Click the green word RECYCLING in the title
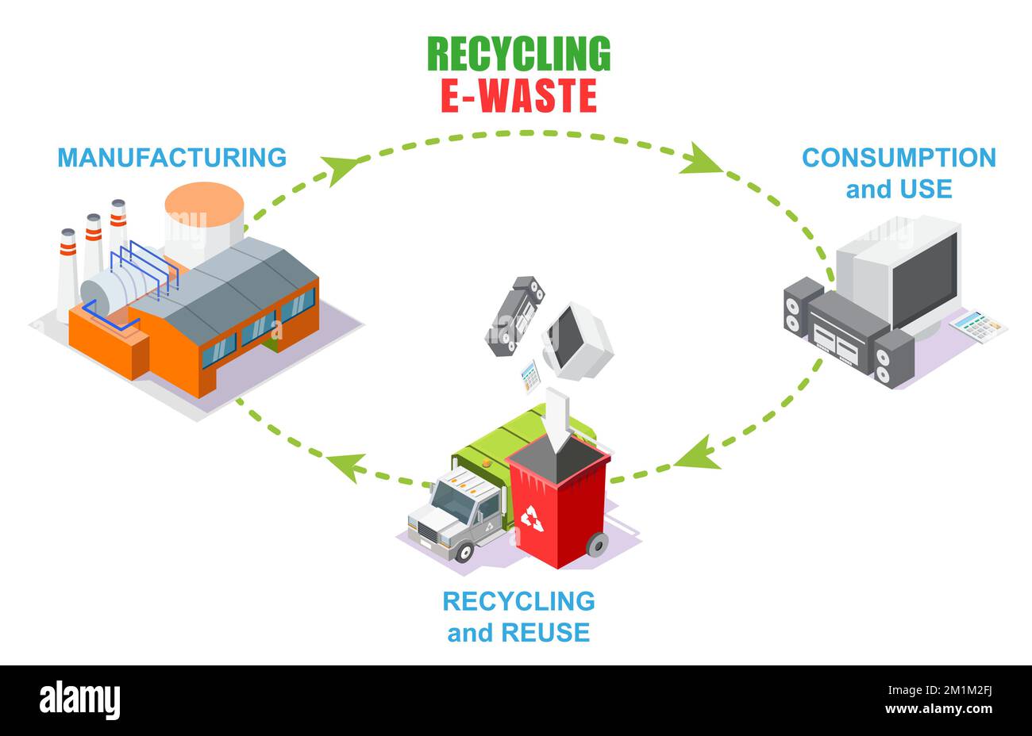tap(518, 54)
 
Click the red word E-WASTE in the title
tap(518, 95)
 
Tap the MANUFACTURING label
tap(171, 157)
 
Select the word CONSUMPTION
tap(899, 157)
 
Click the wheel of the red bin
tap(596, 544)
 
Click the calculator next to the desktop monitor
tap(978, 325)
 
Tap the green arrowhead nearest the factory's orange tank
tap(341, 167)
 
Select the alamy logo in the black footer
tap(80, 700)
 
